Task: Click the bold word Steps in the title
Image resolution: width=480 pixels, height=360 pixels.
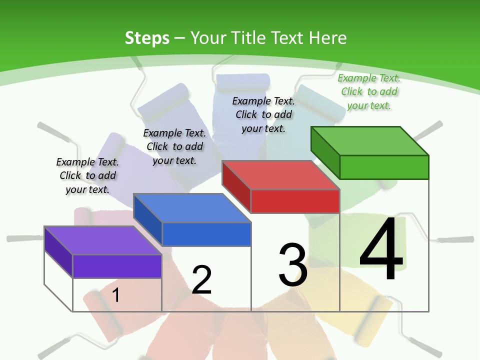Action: pos(147,38)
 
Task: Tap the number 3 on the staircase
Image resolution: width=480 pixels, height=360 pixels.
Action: pos(293,265)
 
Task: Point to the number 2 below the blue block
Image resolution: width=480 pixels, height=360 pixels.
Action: pos(201,280)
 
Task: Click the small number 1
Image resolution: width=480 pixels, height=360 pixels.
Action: pos(115,295)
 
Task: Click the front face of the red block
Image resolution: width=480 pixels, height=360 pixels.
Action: pos(295,201)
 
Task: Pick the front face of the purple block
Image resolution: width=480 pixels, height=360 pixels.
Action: pos(117,266)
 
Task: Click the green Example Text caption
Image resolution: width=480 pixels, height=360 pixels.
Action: pos(369,91)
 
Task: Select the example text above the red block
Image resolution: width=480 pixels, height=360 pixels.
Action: pos(263,114)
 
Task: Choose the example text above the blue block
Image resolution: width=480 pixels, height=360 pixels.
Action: pos(174,146)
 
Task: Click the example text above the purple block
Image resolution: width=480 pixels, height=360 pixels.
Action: pos(87,175)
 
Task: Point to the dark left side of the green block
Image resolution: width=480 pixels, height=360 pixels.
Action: pos(325,152)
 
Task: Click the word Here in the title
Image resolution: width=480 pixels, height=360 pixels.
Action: pos(327,38)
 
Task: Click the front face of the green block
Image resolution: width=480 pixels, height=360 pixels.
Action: pos(384,167)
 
